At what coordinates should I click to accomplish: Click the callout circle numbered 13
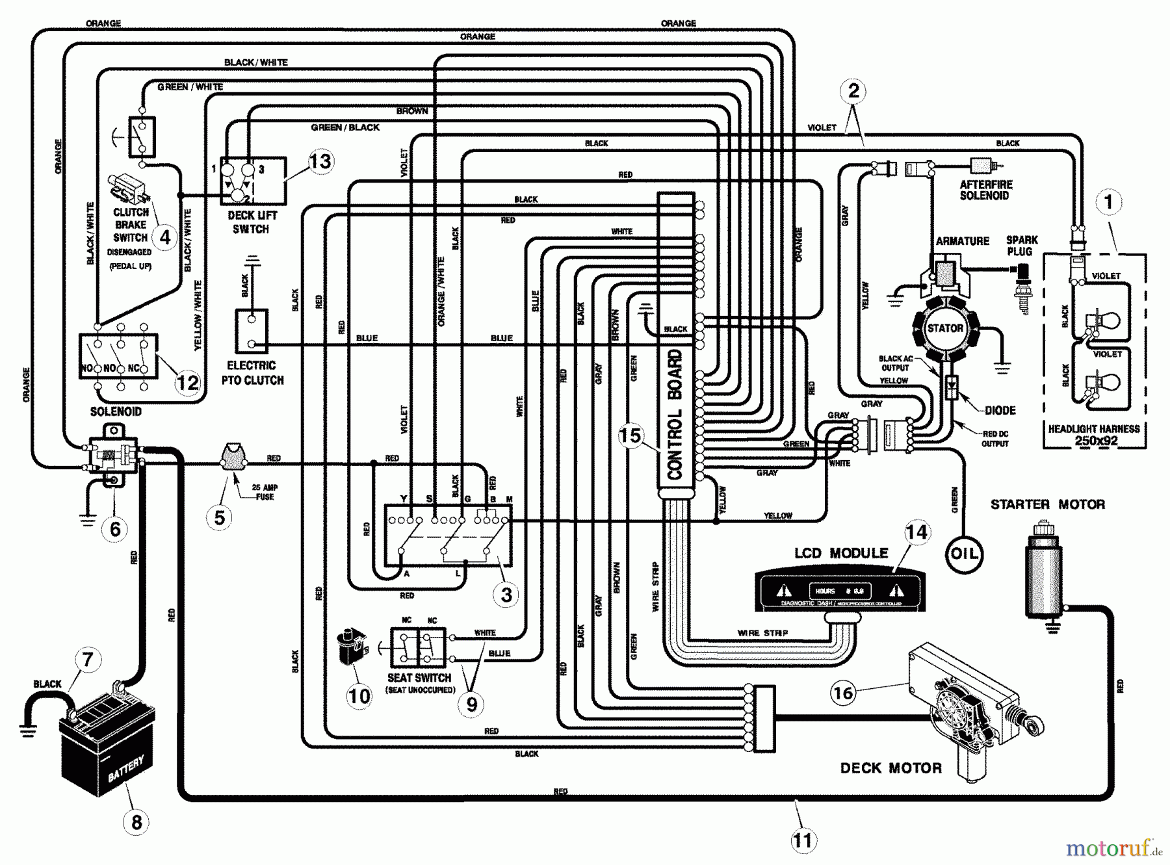[320, 161]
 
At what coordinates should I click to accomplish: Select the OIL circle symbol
[963, 554]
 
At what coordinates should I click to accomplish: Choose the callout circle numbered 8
[136, 822]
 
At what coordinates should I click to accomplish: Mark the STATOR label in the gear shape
[944, 328]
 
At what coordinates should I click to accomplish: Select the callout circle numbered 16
[842, 693]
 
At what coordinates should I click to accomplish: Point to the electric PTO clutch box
[252, 331]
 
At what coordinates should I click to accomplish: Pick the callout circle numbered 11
[803, 841]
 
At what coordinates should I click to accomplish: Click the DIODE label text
[1000, 410]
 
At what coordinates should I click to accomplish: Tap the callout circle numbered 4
[165, 237]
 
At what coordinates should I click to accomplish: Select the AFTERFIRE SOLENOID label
[985, 190]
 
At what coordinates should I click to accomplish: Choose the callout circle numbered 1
[1108, 202]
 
